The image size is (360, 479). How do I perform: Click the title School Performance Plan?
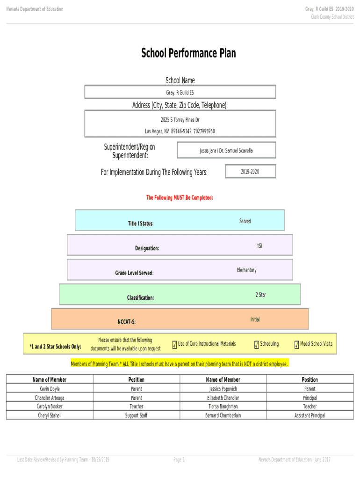[x=188, y=53]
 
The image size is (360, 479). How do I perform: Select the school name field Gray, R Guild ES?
[x=180, y=92]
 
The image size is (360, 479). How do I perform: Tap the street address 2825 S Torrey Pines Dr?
[x=180, y=120]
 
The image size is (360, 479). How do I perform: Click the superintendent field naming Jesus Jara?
[x=226, y=151]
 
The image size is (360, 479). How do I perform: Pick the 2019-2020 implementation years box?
[x=250, y=172]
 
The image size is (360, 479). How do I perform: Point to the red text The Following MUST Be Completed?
[x=180, y=198]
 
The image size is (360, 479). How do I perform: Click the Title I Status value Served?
[x=245, y=221]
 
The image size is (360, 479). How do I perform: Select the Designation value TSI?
[x=259, y=246]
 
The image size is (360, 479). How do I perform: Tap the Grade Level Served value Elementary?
[x=246, y=270]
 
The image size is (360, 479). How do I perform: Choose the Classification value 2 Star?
[x=260, y=295]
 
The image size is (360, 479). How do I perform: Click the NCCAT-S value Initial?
[x=255, y=319]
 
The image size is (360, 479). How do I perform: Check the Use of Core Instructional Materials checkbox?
[x=174, y=345]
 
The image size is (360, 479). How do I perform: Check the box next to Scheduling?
[x=257, y=345]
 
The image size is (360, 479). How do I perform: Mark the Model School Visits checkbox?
[x=296, y=345]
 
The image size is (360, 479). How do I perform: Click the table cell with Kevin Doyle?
[x=50, y=389]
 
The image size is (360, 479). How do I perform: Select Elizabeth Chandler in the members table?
[x=223, y=398]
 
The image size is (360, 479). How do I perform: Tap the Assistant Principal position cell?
[x=310, y=415]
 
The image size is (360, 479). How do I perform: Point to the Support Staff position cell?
[x=136, y=415]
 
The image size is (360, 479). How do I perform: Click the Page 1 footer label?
[x=179, y=460]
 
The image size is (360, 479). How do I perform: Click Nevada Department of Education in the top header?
[x=34, y=9]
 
